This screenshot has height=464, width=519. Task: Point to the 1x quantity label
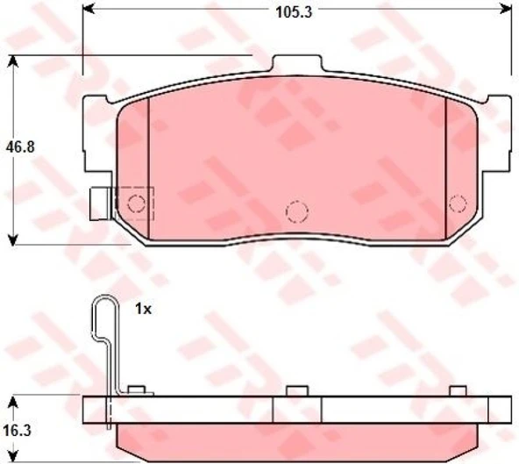[x=144, y=309]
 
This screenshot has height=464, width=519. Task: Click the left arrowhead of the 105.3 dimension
[x=88, y=11]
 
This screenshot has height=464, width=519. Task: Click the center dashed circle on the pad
[x=297, y=211]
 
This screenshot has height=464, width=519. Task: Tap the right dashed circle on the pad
[x=456, y=203]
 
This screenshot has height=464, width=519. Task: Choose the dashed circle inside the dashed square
[x=136, y=203]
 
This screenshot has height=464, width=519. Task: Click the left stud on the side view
[x=135, y=390]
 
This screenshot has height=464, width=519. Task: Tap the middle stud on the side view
[x=297, y=390]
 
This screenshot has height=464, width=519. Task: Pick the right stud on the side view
[x=457, y=390]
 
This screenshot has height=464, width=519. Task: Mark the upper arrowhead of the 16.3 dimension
[x=12, y=402]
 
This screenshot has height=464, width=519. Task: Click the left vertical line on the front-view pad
[x=149, y=167]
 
